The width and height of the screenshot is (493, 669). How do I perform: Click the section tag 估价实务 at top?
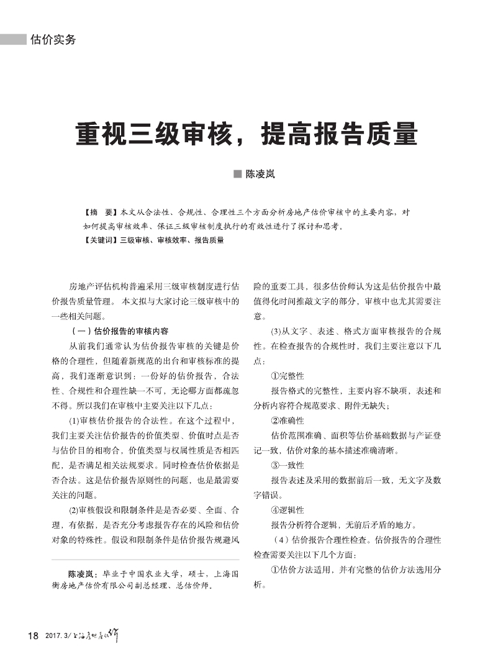(x=53, y=40)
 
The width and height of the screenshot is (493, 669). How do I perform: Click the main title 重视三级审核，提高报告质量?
(x=246, y=134)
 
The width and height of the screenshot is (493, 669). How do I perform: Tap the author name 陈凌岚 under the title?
(x=260, y=174)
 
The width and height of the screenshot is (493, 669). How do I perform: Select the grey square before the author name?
(x=237, y=174)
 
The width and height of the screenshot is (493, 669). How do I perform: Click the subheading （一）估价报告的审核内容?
(x=120, y=331)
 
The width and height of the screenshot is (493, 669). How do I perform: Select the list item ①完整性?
(x=287, y=376)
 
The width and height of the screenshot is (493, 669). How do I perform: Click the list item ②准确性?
(x=287, y=421)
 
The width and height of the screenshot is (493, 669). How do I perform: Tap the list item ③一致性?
(x=287, y=465)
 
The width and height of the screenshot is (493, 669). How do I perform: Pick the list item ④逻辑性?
(x=287, y=510)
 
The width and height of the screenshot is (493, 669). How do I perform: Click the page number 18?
(x=34, y=635)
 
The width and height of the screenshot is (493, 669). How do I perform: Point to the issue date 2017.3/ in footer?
(x=58, y=636)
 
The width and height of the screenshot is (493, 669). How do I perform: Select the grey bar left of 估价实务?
(x=13, y=40)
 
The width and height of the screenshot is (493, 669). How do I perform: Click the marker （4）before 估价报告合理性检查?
(x=278, y=539)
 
